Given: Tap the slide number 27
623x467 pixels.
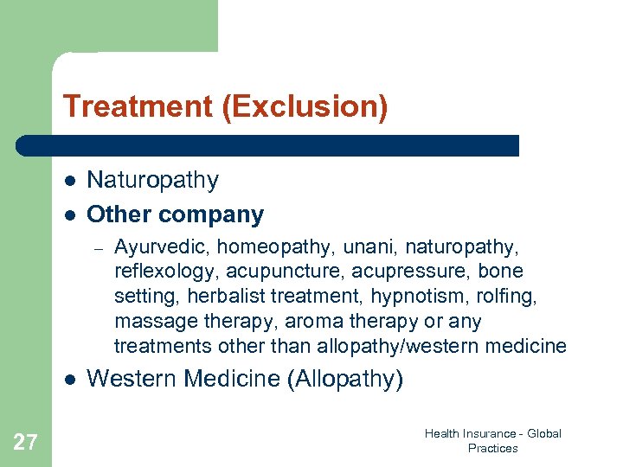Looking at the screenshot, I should (x=25, y=443).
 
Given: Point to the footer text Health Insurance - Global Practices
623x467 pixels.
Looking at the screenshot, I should (x=492, y=441).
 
